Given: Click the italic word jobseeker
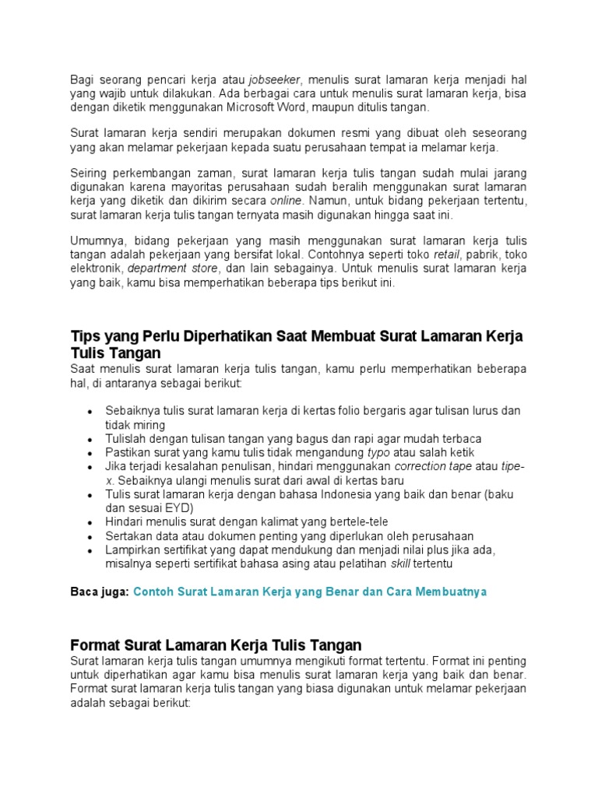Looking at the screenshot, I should pos(274,79).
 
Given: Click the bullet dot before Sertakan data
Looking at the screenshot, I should pos(90,537).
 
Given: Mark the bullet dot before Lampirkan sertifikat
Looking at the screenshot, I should pos(90,551).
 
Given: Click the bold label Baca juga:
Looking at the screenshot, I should pos(100,592).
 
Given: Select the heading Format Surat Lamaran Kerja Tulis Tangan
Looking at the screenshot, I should pos(216,645).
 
